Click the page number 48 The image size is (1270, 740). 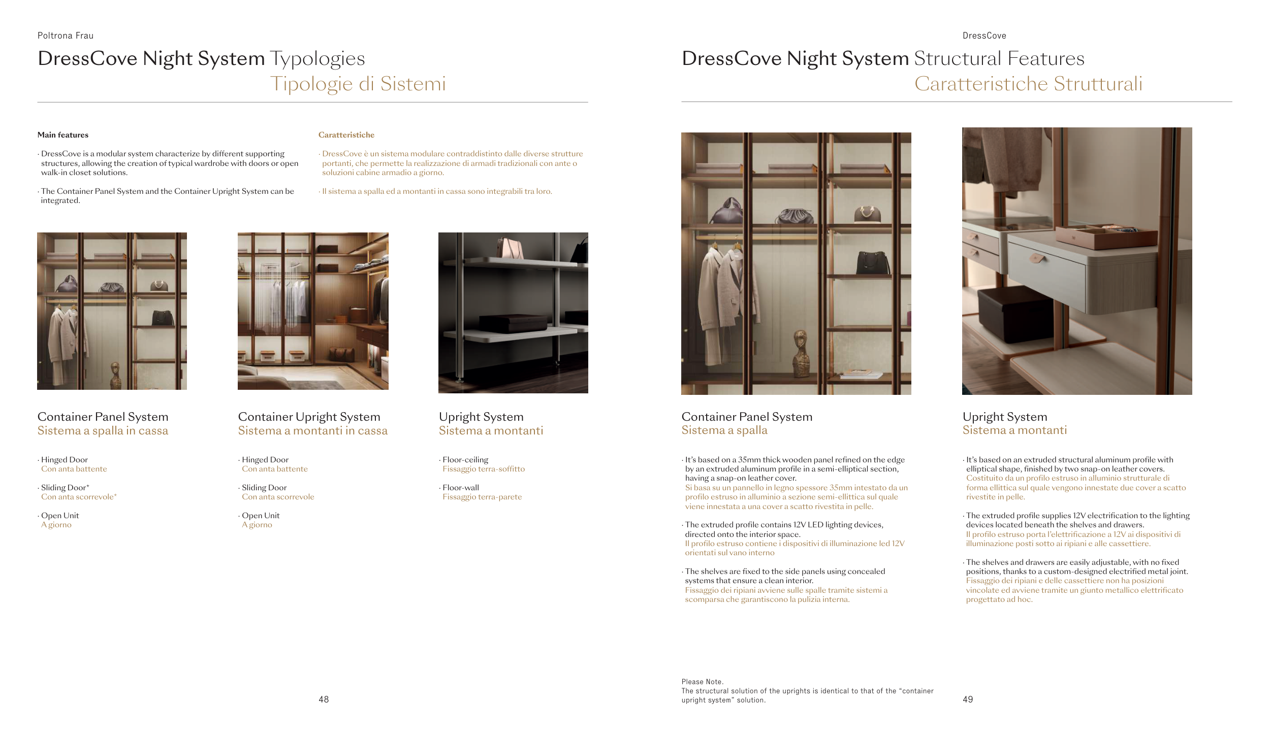[x=324, y=699]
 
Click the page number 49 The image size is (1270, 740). [x=968, y=699]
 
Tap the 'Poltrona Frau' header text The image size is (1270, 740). [x=66, y=36]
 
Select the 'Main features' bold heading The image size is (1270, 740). [x=63, y=135]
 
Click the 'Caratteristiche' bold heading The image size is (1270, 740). [x=346, y=135]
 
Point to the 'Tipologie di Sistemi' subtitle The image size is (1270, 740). [x=358, y=84]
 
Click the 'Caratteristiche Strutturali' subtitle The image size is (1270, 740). [x=1028, y=84]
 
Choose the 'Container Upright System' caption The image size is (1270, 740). [x=309, y=417]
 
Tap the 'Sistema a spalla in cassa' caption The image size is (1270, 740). [x=103, y=431]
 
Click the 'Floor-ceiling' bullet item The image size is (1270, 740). [x=465, y=460]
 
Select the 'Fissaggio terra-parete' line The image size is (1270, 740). [x=482, y=497]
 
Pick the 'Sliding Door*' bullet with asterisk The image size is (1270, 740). [x=65, y=488]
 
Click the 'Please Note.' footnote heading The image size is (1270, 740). [x=703, y=682]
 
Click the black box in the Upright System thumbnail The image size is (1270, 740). [x=513, y=323]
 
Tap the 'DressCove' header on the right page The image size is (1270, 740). [x=984, y=36]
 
